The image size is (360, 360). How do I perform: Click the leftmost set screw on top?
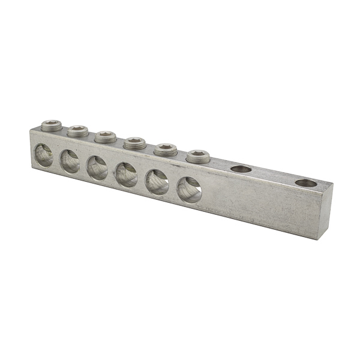click(x=51, y=124)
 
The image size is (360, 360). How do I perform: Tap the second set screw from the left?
click(x=78, y=130)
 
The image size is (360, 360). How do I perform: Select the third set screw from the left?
click(x=106, y=136)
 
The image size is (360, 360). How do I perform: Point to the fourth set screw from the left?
click(x=134, y=143)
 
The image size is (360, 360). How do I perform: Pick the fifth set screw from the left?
click(x=165, y=149)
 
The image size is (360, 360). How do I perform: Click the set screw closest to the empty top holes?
click(x=197, y=157)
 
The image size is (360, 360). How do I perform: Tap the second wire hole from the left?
click(x=70, y=161)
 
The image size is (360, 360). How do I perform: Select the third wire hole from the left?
click(x=97, y=167)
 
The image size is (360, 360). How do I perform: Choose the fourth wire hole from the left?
click(x=126, y=174)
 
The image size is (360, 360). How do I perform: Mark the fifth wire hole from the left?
click(x=157, y=181)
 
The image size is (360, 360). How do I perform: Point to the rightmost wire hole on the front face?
click(x=189, y=189)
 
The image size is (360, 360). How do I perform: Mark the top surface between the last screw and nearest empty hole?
click(x=220, y=164)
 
